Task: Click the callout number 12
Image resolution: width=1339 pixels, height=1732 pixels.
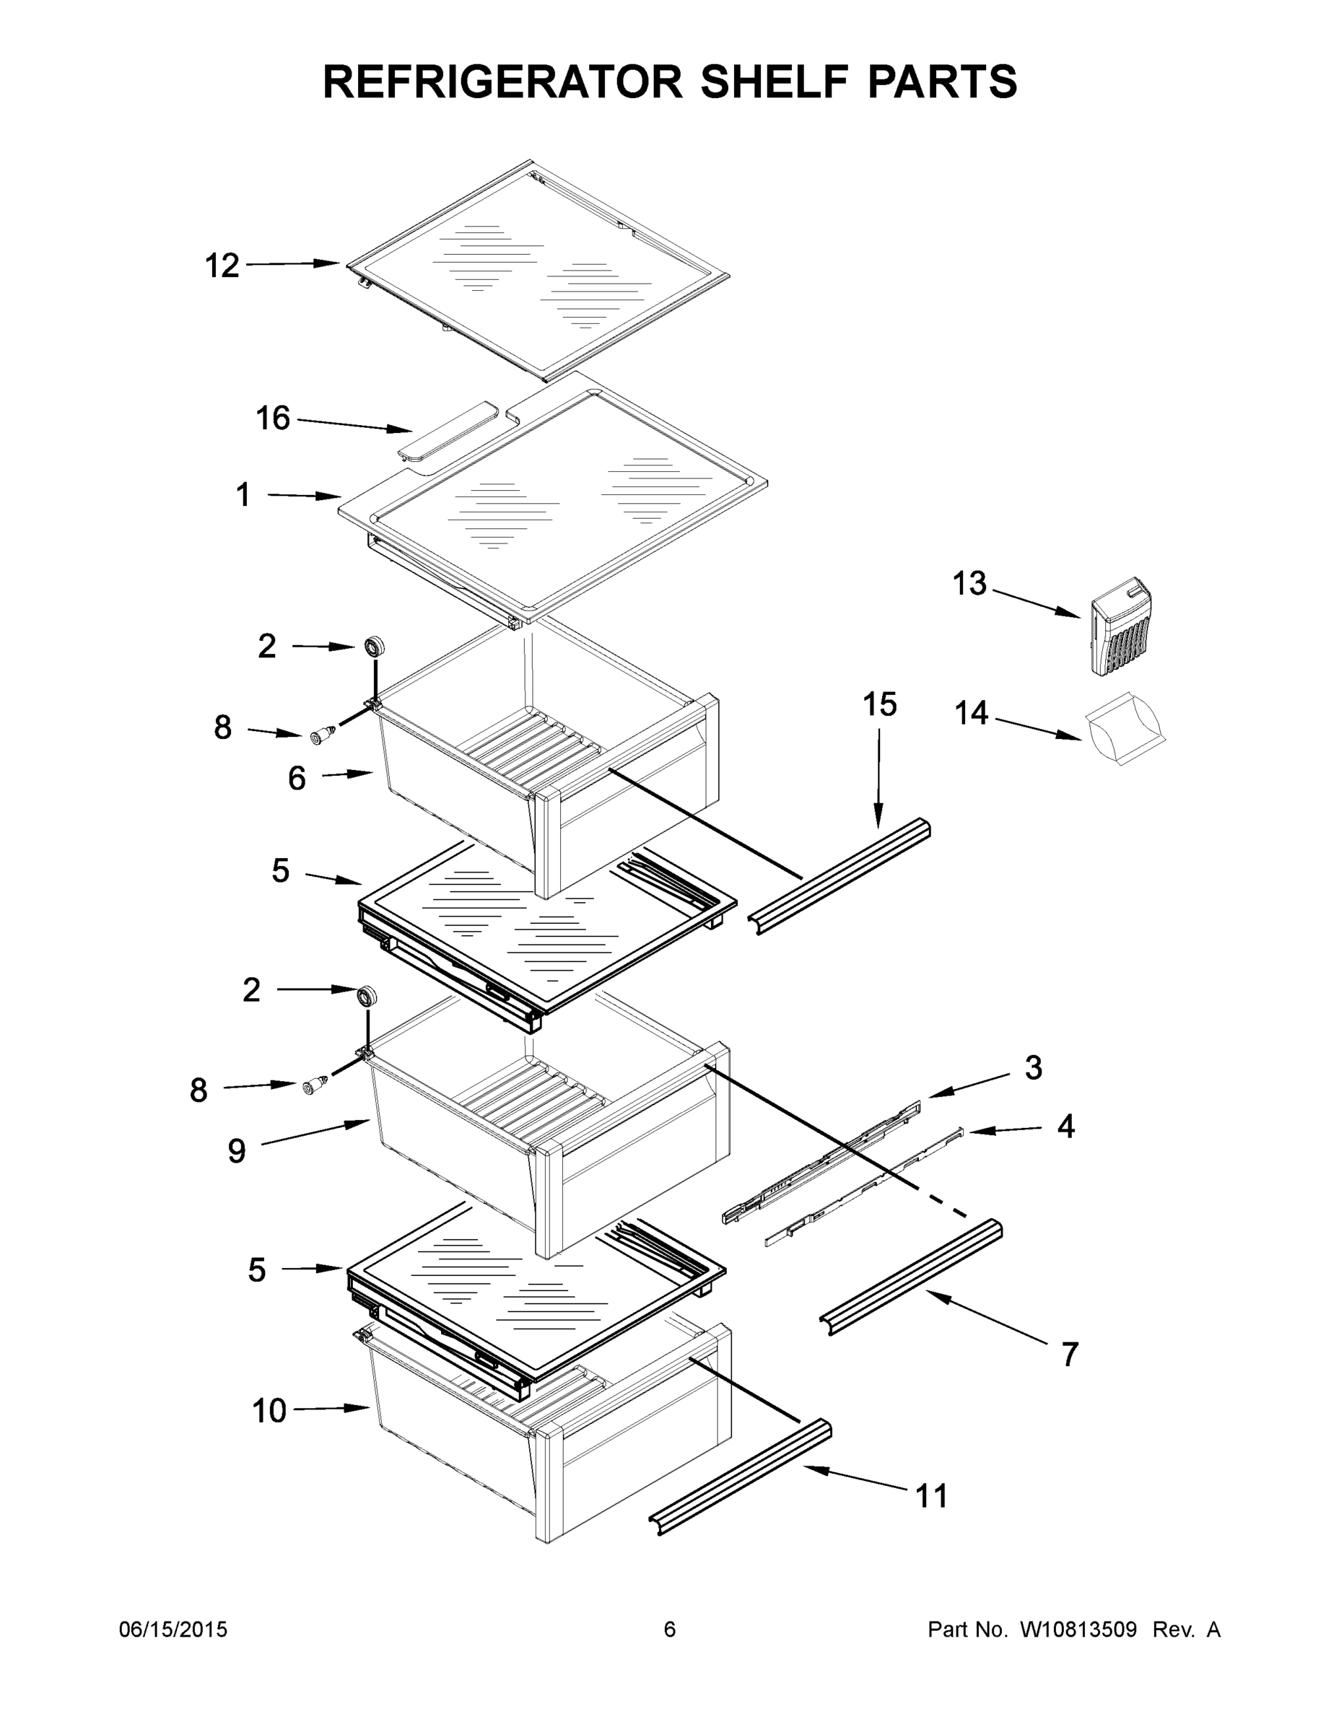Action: coord(222,266)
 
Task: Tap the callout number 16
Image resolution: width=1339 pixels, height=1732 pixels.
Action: coord(273,418)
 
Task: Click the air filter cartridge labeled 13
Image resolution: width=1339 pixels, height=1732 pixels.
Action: coord(1121,626)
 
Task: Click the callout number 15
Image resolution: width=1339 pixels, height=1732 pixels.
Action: coord(880,704)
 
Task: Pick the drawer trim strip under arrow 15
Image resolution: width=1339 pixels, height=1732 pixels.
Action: coord(839,876)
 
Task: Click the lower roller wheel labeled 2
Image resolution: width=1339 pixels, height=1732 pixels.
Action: coord(366,996)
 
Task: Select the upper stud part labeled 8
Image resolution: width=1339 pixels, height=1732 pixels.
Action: coord(322,737)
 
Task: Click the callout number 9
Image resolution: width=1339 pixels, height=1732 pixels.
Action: coord(236,1151)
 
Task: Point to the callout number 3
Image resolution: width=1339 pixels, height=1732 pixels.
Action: coord(1033,1067)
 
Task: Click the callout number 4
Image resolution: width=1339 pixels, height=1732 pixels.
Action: coord(1065,1126)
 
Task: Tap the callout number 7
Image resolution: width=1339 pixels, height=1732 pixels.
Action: coord(1069,1355)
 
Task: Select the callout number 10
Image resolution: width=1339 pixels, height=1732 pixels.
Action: coord(269,1411)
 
